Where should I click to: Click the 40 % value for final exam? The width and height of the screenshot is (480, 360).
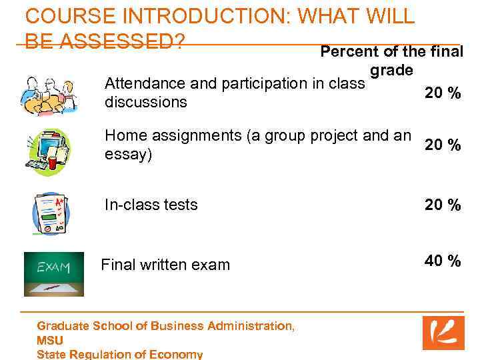(443, 261)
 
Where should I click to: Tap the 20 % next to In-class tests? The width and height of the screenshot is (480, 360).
(443, 205)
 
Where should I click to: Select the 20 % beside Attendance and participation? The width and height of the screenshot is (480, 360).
(443, 93)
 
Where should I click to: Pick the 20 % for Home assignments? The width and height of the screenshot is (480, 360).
(443, 145)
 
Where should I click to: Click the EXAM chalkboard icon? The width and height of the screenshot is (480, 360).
(53, 273)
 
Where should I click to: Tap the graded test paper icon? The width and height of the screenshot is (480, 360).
(51, 214)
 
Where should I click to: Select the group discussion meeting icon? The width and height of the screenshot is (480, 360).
(49, 96)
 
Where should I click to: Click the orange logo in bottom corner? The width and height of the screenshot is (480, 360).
(443, 333)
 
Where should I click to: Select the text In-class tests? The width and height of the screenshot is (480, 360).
(151, 205)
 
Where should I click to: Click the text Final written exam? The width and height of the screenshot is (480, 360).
(165, 265)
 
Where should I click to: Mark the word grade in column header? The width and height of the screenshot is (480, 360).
(391, 69)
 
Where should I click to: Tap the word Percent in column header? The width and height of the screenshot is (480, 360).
(346, 51)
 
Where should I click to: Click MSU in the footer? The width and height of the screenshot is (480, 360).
(50, 340)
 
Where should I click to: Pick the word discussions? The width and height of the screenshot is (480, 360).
(146, 103)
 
